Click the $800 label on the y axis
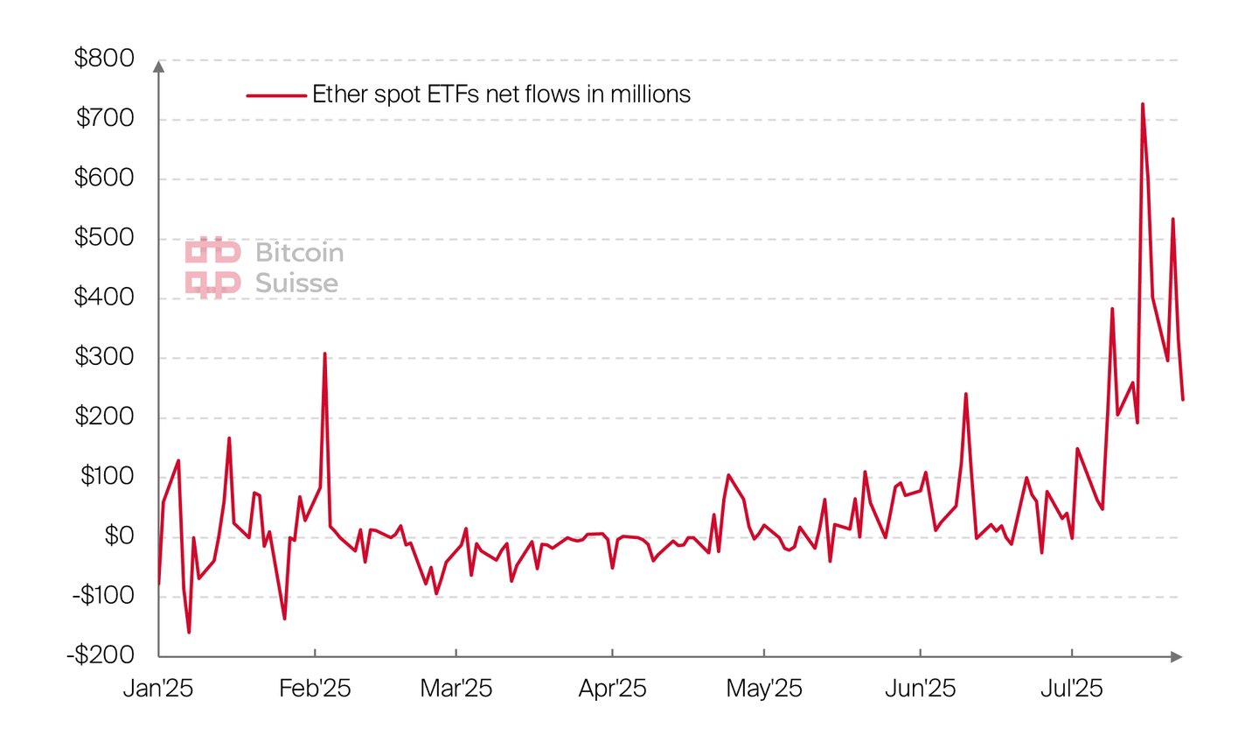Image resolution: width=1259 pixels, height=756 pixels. [104, 59]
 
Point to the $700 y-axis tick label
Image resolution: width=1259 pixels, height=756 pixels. [105, 118]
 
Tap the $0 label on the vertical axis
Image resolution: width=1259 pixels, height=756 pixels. [119, 535]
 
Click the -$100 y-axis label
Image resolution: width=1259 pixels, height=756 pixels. [102, 595]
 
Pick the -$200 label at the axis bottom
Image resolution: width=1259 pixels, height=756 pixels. [101, 654]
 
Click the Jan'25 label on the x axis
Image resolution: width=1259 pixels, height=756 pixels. [158, 689]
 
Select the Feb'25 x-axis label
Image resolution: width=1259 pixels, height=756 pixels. [315, 689]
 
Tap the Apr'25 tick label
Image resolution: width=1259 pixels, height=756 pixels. [612, 689]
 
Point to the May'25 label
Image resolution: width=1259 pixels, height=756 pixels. [764, 689]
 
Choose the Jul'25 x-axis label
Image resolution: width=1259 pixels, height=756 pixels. [1071, 689]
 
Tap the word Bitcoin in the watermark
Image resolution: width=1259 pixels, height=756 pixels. [299, 253]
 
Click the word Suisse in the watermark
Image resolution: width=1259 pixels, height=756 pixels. [296, 283]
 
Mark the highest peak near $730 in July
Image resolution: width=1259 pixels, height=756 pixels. [1142, 104]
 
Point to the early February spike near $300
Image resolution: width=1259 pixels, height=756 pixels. [324, 354]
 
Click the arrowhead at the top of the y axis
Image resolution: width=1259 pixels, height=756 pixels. [158, 66]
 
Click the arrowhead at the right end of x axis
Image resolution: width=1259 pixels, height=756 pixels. [1177, 656]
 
